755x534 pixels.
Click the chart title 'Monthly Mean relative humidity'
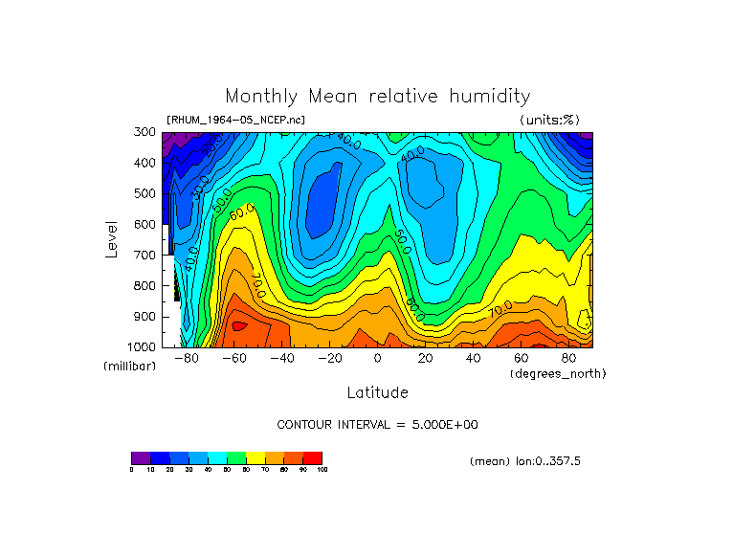tap(377, 97)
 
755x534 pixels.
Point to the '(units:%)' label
tap(549, 120)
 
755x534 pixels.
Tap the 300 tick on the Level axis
tap(145, 132)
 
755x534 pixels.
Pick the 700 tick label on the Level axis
tap(145, 256)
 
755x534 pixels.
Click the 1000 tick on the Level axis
tap(143, 346)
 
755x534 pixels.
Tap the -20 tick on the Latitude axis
tap(328, 358)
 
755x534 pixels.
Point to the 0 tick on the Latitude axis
tap(377, 358)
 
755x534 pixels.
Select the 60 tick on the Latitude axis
tap(522, 358)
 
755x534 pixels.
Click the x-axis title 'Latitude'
tap(377, 392)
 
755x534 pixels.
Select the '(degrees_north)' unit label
tap(558, 373)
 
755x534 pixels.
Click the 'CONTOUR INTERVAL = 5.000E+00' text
tap(377, 424)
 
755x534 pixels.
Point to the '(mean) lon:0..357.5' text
tap(525, 461)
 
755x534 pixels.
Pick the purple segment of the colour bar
tap(141, 457)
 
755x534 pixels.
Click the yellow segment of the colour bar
tap(255, 457)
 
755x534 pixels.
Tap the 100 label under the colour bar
tap(322, 470)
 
